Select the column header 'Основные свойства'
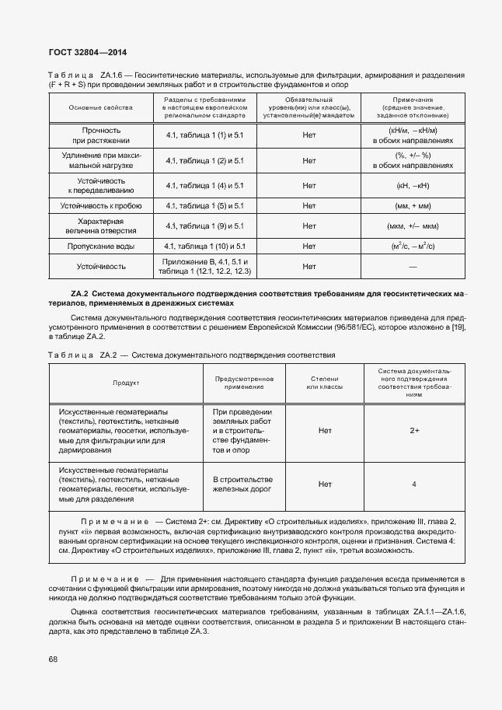tap(100, 107)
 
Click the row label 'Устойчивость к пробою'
tap(100, 206)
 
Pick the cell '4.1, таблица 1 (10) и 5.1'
tap(204, 246)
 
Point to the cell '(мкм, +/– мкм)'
tap(413, 226)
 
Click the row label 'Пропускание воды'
tap(100, 246)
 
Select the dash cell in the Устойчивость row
tap(413, 266)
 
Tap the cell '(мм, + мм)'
tap(413, 206)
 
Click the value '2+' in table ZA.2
tap(414, 429)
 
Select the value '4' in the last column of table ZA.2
tap(414, 484)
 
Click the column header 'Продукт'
tap(126, 383)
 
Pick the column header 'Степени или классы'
tap(325, 383)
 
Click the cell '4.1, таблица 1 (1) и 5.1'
tap(204, 135)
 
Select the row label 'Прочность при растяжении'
tap(100, 135)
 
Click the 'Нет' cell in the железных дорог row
tap(325, 484)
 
